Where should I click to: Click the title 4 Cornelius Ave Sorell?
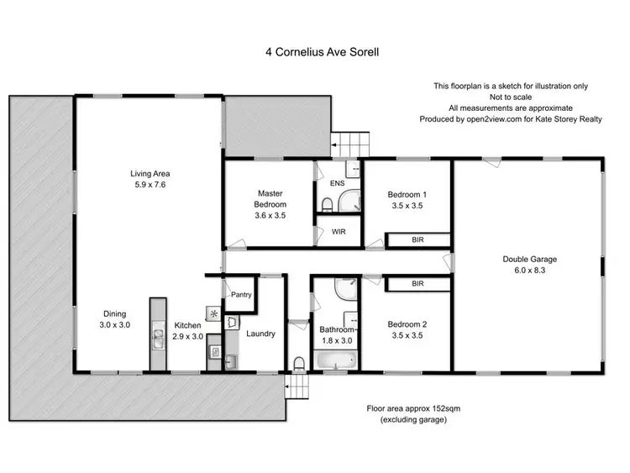click(314, 50)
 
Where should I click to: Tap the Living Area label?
click(150, 174)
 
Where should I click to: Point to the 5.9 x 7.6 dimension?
click(150, 185)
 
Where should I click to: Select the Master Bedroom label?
click(270, 198)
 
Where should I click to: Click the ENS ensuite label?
click(336, 182)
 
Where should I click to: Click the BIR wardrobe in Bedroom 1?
click(417, 239)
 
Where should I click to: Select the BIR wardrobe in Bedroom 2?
click(417, 285)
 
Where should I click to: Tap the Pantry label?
click(242, 295)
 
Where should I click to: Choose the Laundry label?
click(261, 334)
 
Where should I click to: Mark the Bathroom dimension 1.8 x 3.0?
click(337, 341)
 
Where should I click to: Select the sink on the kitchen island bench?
click(158, 338)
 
